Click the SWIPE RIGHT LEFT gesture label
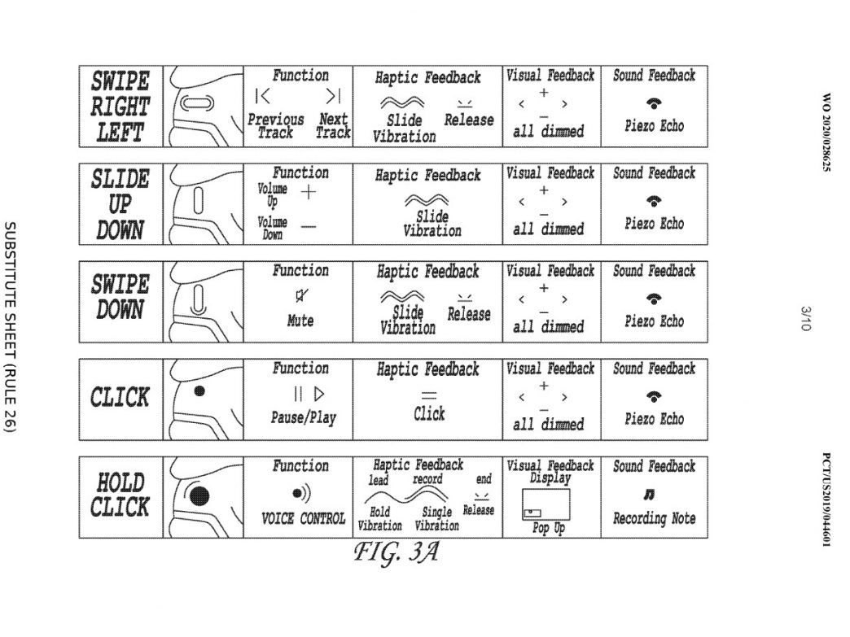pos(120,107)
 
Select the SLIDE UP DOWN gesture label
pos(120,204)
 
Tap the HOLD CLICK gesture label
pos(120,495)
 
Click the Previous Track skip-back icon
pos(262,97)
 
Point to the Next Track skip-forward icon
pos(333,97)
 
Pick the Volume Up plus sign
pos(308,192)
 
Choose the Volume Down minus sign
pos(308,226)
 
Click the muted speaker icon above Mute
pos(301,295)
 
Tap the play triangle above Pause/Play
pos(319,394)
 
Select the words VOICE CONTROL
pos(303,519)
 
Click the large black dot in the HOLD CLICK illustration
pos(199,495)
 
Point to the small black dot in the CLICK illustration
pos(199,390)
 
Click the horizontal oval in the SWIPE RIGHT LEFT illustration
pos(197,103)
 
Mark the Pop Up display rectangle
pos(545,504)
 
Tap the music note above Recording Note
pos(649,494)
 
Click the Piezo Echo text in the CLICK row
pos(655,419)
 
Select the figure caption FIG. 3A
pos(396,552)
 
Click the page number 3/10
pos(805,319)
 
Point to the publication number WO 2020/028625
pos(826,133)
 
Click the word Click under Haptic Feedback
pos(429,414)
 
